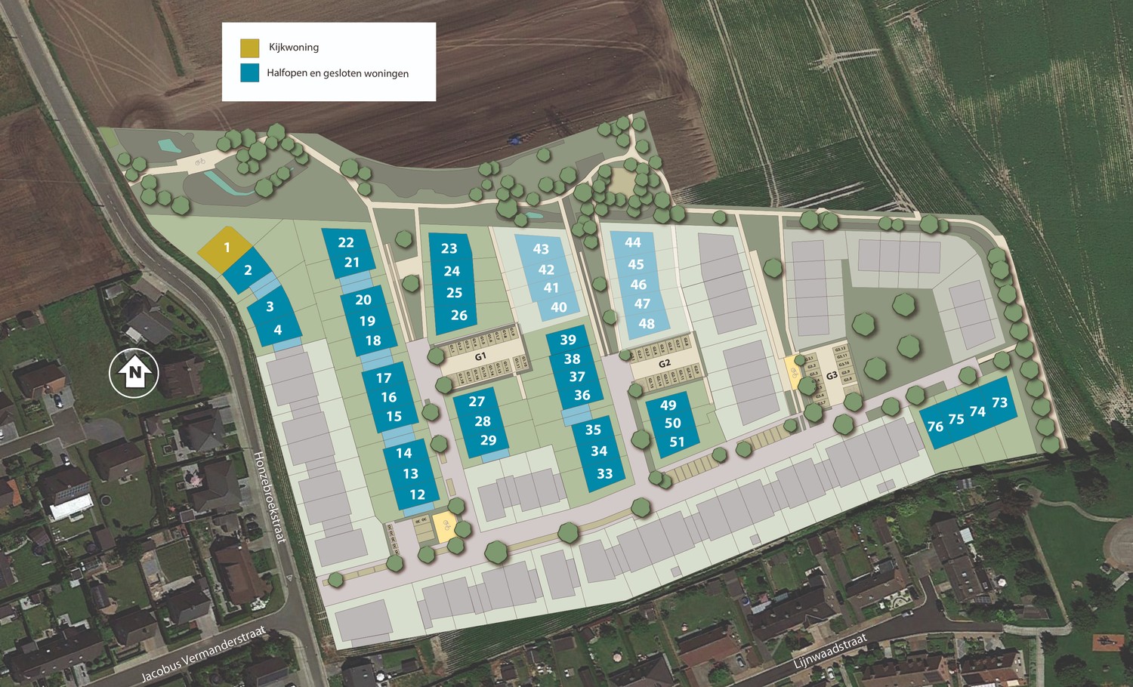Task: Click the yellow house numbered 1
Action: click(226, 248)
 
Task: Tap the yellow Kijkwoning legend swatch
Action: click(249, 48)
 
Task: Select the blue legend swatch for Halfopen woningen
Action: click(249, 72)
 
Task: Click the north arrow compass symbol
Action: click(134, 372)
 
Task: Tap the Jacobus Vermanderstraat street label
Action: click(204, 654)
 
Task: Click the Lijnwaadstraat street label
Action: click(830, 652)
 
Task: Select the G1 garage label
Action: click(480, 356)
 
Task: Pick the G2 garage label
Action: click(665, 363)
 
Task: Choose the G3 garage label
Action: click(832, 375)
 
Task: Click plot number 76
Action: click(935, 427)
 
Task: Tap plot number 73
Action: click(999, 403)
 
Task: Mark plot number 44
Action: click(633, 242)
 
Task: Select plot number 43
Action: click(541, 248)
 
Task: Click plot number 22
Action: click(346, 242)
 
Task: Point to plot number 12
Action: click(417, 494)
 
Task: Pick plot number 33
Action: click(604, 473)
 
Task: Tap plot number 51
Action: click(677, 442)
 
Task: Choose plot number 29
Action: click(488, 440)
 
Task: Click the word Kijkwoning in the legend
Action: click(294, 48)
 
